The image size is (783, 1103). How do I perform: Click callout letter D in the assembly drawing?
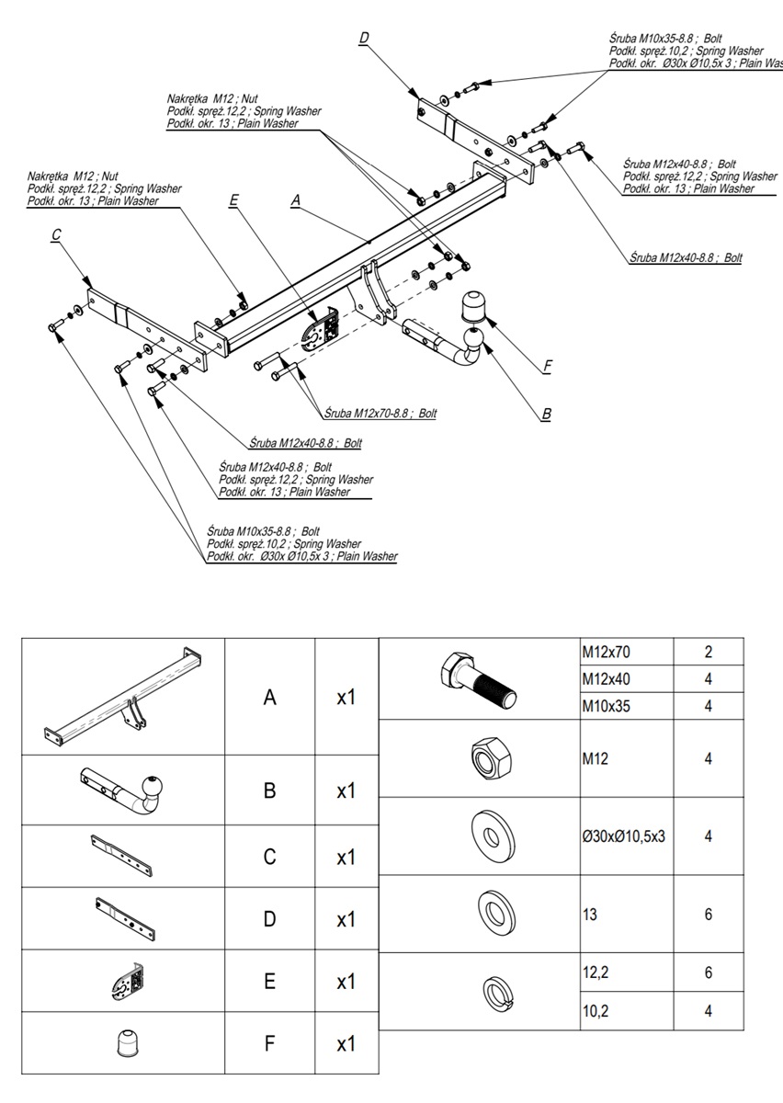[364, 38]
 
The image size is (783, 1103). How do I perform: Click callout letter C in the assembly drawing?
[56, 234]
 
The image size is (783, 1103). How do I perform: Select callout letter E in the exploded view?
[234, 199]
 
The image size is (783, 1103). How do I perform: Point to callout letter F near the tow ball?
[547, 366]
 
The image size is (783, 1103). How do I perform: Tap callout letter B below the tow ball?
[547, 415]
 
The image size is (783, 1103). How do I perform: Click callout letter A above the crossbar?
[295, 199]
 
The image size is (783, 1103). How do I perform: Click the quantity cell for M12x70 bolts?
[709, 653]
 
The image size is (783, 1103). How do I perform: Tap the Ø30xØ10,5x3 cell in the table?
[623, 836]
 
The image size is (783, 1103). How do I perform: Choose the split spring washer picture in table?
[494, 992]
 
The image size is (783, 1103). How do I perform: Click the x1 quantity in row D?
[346, 919]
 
